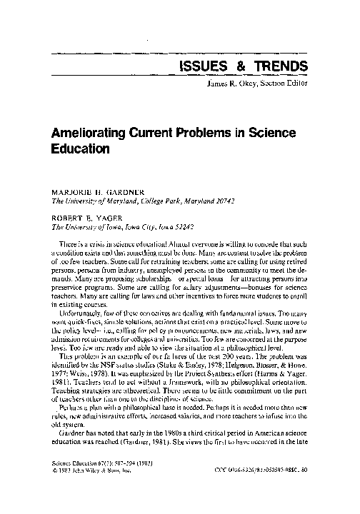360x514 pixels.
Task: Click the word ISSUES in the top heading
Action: pos(199,66)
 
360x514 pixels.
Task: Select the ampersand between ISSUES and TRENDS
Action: pos(237,66)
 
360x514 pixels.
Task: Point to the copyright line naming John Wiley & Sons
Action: pos(89,488)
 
